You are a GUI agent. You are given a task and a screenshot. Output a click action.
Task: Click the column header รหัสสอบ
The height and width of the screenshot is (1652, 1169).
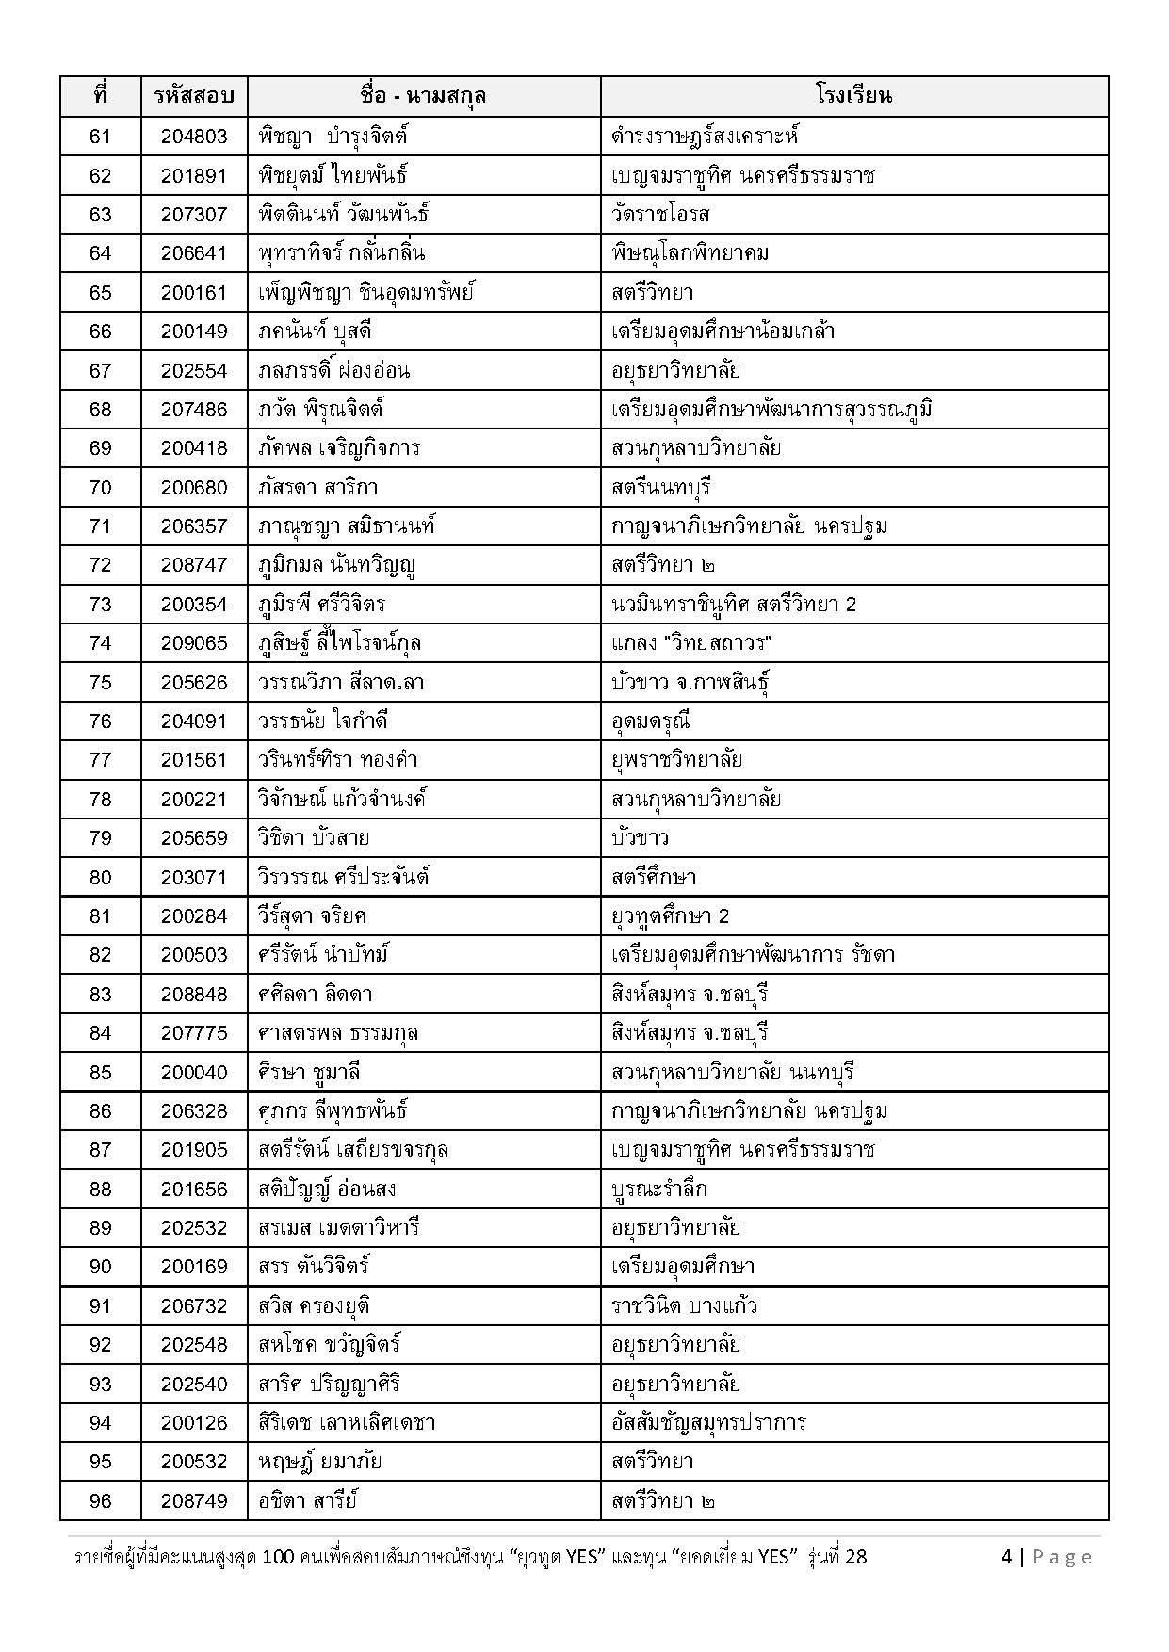194,96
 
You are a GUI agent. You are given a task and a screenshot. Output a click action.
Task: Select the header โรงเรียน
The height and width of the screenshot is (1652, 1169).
853,96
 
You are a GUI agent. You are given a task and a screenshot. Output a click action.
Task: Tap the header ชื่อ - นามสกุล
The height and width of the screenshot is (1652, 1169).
423,96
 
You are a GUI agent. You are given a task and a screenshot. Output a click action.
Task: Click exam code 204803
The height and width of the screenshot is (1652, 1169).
194,137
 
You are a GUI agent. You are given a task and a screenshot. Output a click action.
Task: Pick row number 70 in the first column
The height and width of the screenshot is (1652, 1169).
100,488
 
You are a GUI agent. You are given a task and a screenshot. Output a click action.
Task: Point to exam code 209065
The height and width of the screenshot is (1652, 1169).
194,643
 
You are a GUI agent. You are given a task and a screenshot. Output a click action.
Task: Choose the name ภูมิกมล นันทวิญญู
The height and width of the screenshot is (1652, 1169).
337,565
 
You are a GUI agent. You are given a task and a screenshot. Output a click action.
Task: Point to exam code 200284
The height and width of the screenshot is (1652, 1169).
194,916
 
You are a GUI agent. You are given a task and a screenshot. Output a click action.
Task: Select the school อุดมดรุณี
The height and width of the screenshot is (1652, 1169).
651,721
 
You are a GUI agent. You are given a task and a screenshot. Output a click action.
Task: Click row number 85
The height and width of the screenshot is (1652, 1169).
100,1072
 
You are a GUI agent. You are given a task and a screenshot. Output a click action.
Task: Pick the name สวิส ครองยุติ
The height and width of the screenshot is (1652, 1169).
314,1306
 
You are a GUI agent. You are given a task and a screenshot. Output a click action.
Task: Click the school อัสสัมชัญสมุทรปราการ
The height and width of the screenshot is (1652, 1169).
708,1423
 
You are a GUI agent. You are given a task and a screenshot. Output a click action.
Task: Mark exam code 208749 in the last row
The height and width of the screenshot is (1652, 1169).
194,1501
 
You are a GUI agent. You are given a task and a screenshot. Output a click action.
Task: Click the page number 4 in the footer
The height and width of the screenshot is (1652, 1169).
1007,1557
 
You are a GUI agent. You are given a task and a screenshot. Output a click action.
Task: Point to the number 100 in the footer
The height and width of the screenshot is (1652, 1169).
283,1557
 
